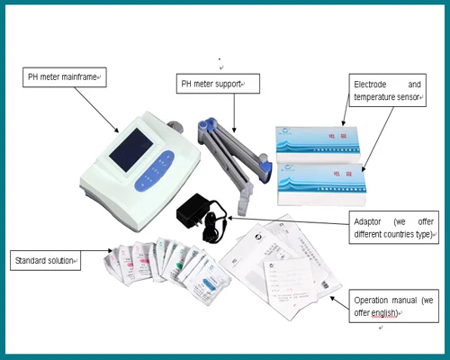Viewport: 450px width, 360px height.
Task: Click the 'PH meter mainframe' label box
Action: (x=65, y=78)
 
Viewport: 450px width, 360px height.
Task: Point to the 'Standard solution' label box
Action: (x=45, y=261)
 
